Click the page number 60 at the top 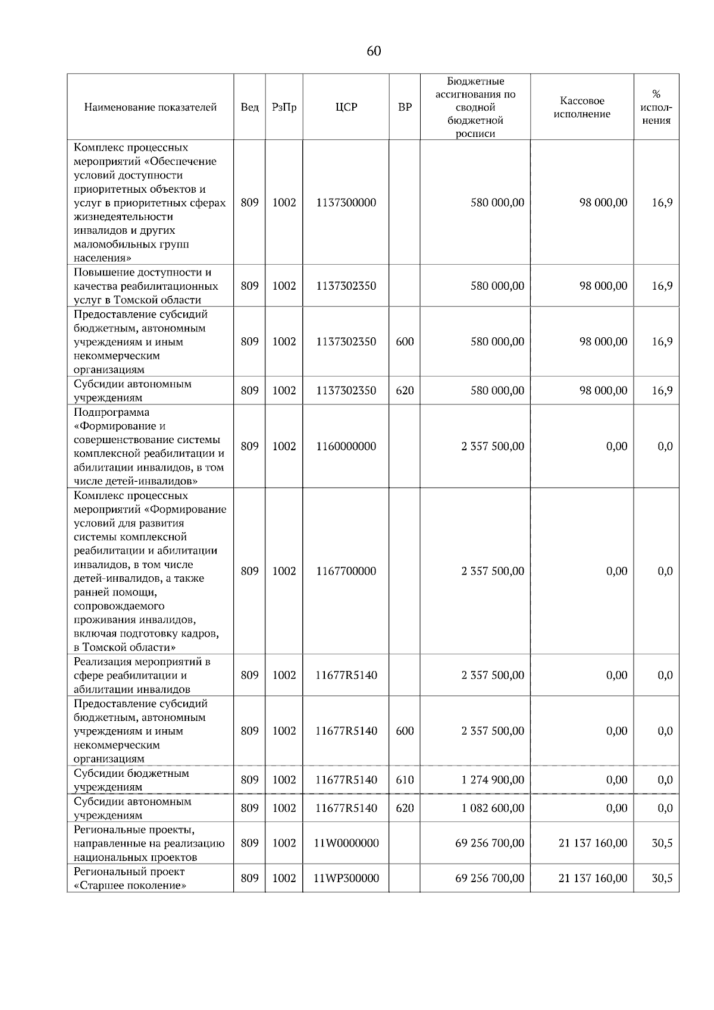click(374, 51)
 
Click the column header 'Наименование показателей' click(150, 108)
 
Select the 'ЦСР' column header click(346, 108)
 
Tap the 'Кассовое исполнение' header click(581, 108)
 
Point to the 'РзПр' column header click(284, 108)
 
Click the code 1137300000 click(346, 203)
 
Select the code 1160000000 click(346, 447)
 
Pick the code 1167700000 click(346, 572)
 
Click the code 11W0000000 click(346, 843)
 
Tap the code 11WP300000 click(346, 879)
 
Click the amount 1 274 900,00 click(493, 780)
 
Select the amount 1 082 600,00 click(493, 808)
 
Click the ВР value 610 click(405, 780)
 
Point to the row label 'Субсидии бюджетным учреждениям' click(131, 780)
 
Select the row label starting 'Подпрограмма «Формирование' click(149, 447)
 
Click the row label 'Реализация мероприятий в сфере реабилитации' click(142, 676)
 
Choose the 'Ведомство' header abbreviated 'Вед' click(249, 108)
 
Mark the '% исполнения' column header click(656, 108)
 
